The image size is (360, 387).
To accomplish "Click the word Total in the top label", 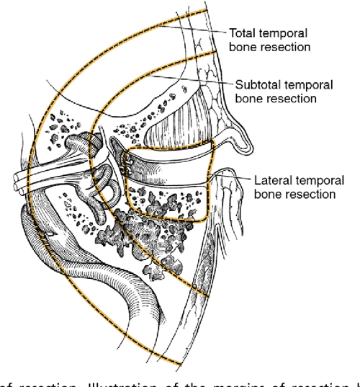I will coord(241,33).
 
